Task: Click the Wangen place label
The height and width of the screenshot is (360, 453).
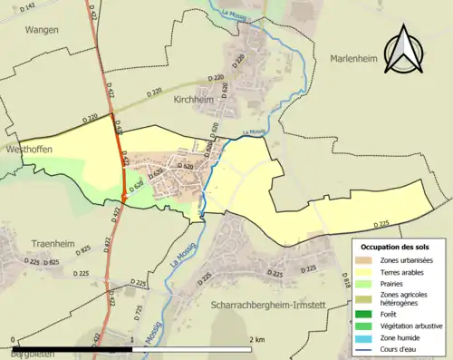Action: [42, 29]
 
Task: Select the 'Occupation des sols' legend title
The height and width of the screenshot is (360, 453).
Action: [397, 247]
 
